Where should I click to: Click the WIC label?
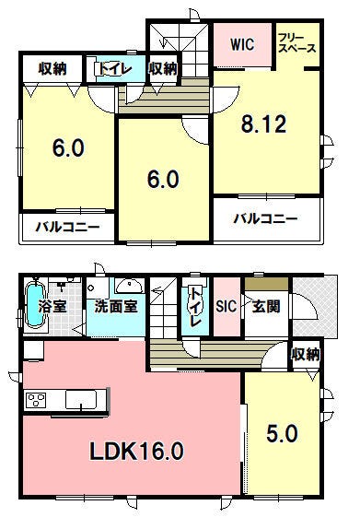(x=242, y=44)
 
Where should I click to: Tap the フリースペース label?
(x=297, y=43)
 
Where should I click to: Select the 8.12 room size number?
(x=263, y=124)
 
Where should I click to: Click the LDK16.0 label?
(x=136, y=452)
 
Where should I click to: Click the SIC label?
(x=226, y=306)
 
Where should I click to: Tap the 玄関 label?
(x=266, y=306)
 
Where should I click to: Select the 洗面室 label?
(x=116, y=306)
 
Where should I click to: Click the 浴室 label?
(x=52, y=306)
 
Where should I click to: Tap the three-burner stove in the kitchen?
(x=36, y=401)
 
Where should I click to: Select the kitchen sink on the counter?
(x=81, y=400)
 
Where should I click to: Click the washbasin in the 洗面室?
(x=130, y=286)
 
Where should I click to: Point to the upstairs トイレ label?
(x=114, y=69)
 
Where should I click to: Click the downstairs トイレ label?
(x=195, y=307)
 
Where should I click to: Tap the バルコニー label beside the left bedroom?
(x=68, y=227)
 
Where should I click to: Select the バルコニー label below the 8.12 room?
(x=265, y=218)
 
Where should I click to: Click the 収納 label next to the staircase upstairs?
(x=163, y=68)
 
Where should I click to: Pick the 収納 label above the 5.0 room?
(x=306, y=355)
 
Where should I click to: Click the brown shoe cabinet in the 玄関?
(x=266, y=284)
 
